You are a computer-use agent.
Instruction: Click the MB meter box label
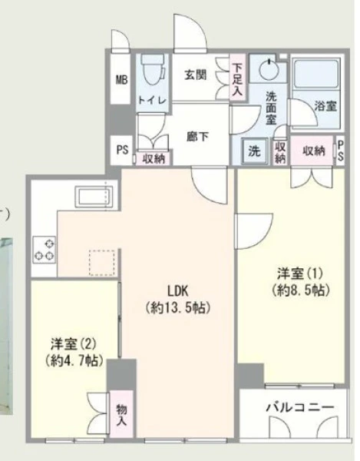pyautogui.click(x=121, y=80)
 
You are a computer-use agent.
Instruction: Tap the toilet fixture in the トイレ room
pyautogui.click(x=153, y=69)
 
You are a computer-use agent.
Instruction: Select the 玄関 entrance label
pyautogui.click(x=196, y=75)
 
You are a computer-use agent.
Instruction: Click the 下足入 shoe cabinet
pyautogui.click(x=237, y=78)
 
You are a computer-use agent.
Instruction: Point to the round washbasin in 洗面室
pyautogui.click(x=268, y=69)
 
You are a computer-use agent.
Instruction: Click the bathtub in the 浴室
pyautogui.click(x=316, y=74)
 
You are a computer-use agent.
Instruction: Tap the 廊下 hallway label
pyautogui.click(x=197, y=137)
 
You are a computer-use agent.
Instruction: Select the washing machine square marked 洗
pyautogui.click(x=254, y=151)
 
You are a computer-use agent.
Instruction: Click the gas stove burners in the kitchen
pyautogui.click(x=45, y=250)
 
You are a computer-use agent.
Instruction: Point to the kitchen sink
pyautogui.click(x=94, y=197)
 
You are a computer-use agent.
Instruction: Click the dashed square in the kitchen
pyautogui.click(x=102, y=263)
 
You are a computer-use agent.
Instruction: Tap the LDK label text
pyautogui.click(x=177, y=291)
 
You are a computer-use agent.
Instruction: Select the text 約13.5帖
pyautogui.click(x=177, y=308)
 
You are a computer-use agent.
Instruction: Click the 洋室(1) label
pyautogui.click(x=300, y=274)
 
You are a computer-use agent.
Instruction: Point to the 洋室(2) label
pyautogui.click(x=74, y=343)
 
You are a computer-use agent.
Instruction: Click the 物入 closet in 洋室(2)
pyautogui.click(x=121, y=414)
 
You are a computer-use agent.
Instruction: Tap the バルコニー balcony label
pyautogui.click(x=300, y=407)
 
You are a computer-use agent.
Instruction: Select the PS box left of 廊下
pyautogui.click(x=122, y=150)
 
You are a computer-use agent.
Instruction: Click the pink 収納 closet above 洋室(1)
pyautogui.click(x=312, y=151)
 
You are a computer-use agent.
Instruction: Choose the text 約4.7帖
pyautogui.click(x=74, y=361)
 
